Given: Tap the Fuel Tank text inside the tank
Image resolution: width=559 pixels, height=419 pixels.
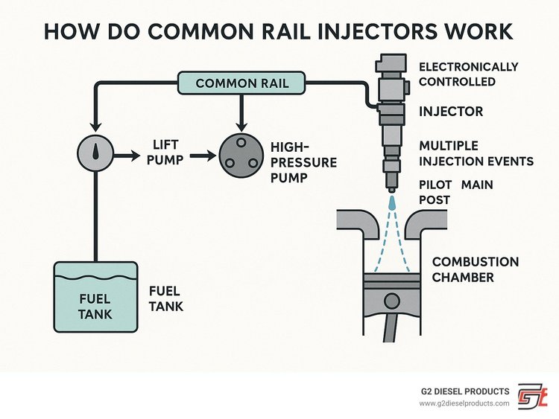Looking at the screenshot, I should coord(95,307).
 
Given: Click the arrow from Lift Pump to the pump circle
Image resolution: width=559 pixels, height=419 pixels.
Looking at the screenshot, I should coord(202,156).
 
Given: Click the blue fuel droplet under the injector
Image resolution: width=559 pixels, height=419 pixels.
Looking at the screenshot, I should coord(391,201).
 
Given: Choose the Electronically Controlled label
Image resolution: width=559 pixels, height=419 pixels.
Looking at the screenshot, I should coord(468,74).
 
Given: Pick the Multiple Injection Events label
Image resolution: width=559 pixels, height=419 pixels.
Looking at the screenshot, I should coord(476,153).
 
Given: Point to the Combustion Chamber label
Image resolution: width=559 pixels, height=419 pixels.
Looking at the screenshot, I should coord(476,269).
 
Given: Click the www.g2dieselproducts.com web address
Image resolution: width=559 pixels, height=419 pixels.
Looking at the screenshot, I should coord(464,403).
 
